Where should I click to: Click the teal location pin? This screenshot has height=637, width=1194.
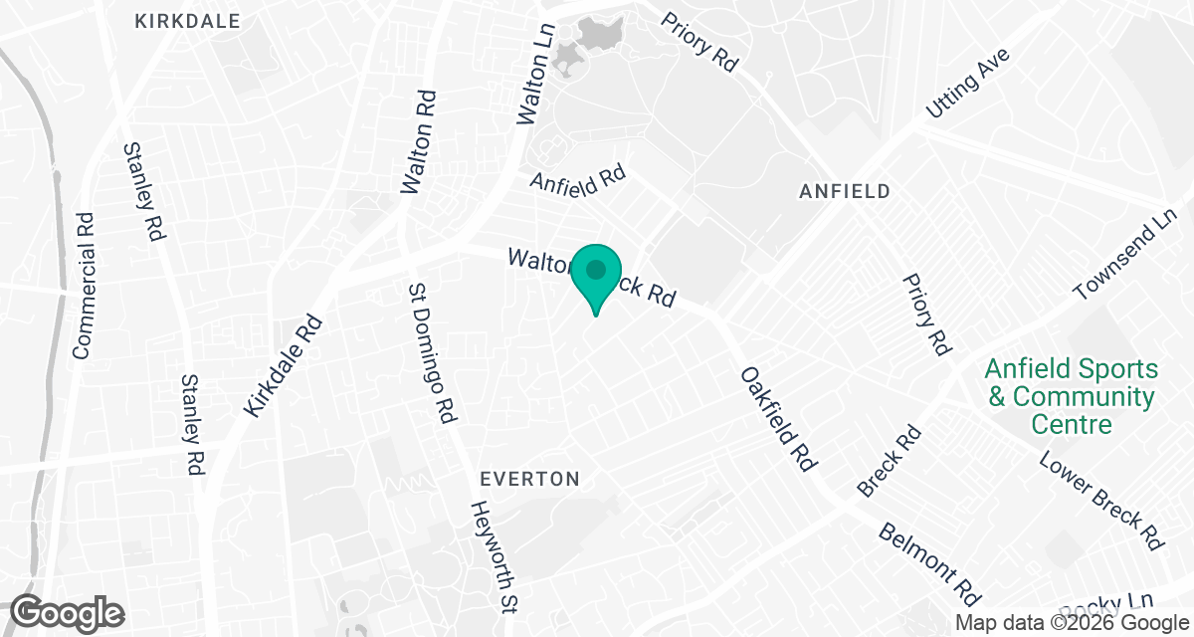click(x=596, y=278)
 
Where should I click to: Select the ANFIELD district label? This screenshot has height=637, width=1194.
click(x=844, y=191)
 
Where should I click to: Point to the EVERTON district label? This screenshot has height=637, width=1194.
click(x=529, y=479)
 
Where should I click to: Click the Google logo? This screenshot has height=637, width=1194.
click(x=68, y=611)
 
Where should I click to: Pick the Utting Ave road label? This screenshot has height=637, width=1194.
click(x=967, y=84)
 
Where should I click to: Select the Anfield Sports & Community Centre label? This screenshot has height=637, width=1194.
click(x=1071, y=396)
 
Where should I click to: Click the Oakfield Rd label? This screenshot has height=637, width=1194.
click(x=778, y=418)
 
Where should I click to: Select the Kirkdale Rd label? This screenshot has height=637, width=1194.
click(x=284, y=364)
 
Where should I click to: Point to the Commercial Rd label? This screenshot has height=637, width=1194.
click(x=83, y=286)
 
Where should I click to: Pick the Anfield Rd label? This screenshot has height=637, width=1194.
click(x=577, y=179)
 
